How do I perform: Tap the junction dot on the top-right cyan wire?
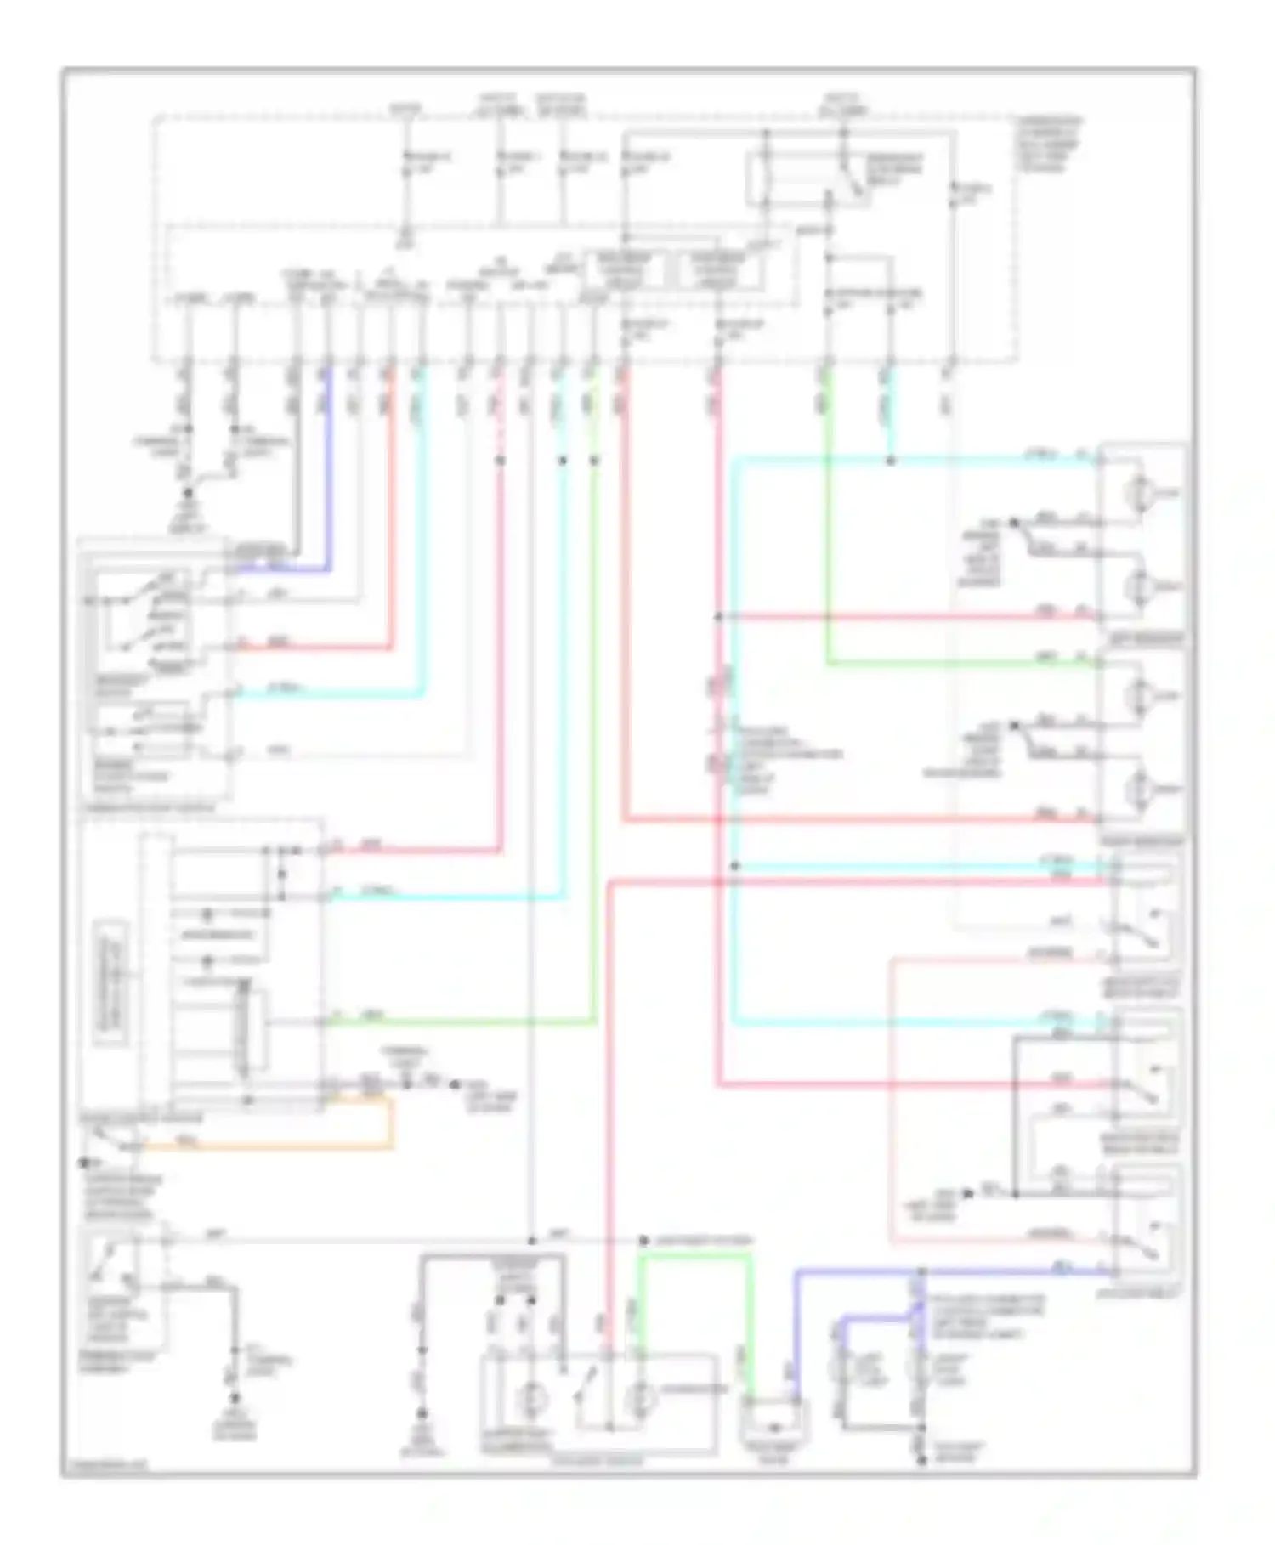pyautogui.click(x=890, y=461)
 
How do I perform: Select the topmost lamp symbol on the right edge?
pyautogui.click(x=1138, y=492)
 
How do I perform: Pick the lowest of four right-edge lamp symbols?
pyautogui.click(x=1138, y=789)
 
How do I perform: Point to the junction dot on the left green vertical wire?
pyautogui.click(x=594, y=461)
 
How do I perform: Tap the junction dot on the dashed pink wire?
pyautogui.click(x=501, y=461)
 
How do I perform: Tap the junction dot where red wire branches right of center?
pyautogui.click(x=718, y=617)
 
